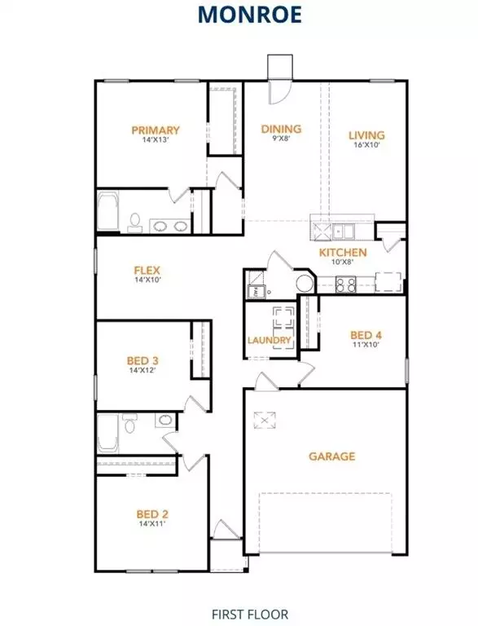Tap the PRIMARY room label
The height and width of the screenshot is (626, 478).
156,130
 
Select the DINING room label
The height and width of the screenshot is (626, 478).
281,129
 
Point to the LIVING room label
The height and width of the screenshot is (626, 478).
366,135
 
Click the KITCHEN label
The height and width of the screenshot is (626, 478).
342,253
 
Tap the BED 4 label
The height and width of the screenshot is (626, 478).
365,334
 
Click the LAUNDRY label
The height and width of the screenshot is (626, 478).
270,341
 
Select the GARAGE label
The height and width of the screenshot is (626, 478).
331,456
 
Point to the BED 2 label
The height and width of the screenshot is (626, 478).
152,514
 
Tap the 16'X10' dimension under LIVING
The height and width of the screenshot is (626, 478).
366,146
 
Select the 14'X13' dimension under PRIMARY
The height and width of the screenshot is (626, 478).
156,140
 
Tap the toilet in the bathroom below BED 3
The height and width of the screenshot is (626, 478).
128,423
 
